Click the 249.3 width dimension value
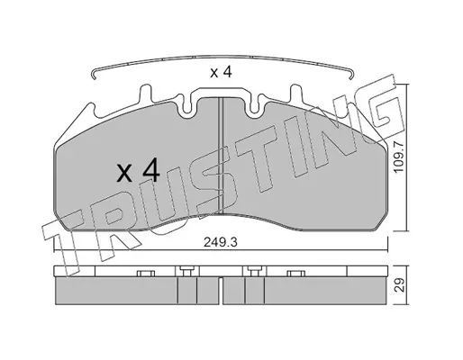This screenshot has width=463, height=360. (221, 242)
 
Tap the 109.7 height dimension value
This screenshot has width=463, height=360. (400, 157)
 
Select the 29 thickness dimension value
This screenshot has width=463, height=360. (400, 285)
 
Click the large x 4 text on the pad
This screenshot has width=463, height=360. (138, 171)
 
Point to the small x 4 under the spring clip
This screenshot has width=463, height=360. (221, 73)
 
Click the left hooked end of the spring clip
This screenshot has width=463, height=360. (94, 75)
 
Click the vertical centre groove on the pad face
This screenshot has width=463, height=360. (222, 156)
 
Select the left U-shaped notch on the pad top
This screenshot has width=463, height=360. (187, 107)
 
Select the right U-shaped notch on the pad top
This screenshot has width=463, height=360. (254, 107)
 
